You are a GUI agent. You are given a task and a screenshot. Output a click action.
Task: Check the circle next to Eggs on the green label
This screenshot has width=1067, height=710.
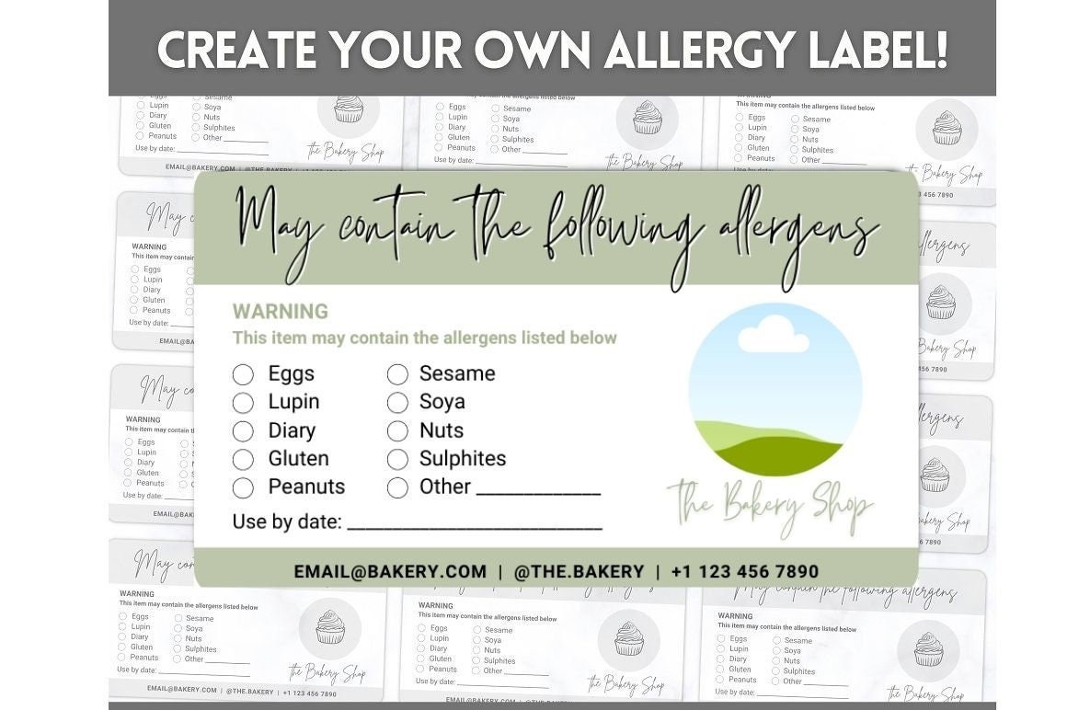(243, 374)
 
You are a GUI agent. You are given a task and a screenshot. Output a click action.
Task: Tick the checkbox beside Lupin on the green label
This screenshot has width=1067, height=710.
(243, 403)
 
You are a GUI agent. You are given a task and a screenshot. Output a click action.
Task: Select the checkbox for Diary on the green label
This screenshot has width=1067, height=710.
(243, 431)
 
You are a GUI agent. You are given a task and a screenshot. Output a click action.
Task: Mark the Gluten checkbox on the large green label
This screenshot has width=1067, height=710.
(243, 459)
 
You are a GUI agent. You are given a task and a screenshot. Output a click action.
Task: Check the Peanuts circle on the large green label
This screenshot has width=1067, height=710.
(243, 487)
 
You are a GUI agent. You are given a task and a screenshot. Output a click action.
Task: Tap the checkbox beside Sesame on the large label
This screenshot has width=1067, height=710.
(397, 374)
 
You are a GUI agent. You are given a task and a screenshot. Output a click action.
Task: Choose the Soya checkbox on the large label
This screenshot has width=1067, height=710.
(397, 403)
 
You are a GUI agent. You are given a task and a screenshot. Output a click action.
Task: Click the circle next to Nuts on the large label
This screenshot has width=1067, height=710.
(397, 431)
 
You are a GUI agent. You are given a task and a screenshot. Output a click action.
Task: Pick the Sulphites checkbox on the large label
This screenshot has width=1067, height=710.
(397, 459)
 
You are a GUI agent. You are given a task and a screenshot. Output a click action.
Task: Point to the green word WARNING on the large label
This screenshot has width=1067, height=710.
(280, 312)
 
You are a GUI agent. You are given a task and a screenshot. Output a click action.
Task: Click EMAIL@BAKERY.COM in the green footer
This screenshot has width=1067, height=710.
(390, 571)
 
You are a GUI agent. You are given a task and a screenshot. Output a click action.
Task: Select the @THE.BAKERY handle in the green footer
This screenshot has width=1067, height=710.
(579, 571)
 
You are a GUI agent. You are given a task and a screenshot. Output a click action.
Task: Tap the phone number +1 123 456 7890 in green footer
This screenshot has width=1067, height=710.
(744, 571)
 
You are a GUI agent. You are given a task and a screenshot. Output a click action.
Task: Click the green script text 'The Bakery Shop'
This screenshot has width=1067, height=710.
(771, 505)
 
